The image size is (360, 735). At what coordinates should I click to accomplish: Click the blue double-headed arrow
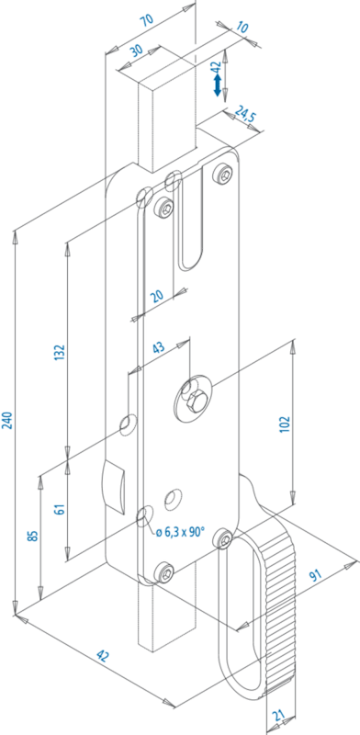coord(217,85)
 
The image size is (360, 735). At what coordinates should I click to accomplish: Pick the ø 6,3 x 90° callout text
coord(182,532)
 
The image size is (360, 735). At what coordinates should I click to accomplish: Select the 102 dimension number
coord(287,424)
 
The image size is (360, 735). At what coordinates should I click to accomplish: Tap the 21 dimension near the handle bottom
coord(278,716)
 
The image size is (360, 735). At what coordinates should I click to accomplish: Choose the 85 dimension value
coord(33,536)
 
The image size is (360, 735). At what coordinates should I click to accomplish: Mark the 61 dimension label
coord(60,509)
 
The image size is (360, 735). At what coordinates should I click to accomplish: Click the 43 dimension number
coord(159,348)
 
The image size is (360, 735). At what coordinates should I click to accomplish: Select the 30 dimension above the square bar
coord(137,51)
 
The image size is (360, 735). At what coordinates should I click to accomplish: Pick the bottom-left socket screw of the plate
coord(164,571)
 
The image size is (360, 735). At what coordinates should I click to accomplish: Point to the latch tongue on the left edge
coord(114,486)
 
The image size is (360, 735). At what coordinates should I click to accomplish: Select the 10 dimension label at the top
coord(242,28)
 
